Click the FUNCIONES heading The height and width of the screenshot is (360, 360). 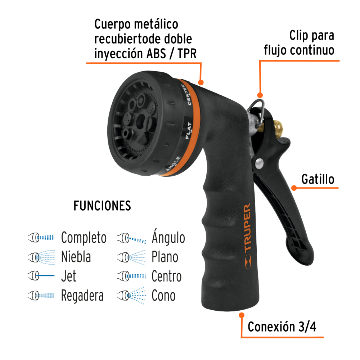click(102, 206)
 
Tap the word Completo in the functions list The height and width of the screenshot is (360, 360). click(84, 238)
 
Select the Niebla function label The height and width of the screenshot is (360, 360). click(76, 257)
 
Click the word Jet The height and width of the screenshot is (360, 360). click(69, 276)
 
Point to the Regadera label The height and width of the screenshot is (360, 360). click(82, 296)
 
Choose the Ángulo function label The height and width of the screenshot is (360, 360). click(168, 238)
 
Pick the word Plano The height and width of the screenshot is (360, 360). click(165, 257)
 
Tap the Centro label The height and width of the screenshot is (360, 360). click(166, 276)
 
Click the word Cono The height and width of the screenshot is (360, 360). click(163, 296)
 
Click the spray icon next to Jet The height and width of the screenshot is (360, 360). click(41, 276)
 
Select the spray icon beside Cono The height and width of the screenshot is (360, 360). click(131, 295)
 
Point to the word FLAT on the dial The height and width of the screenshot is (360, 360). click(189, 130)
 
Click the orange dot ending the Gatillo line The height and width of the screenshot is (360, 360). click(293, 188)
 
